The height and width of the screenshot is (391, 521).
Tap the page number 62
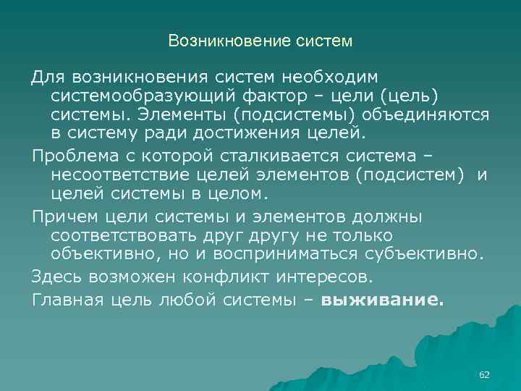coord(485,374)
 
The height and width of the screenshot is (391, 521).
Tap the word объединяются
coord(429,115)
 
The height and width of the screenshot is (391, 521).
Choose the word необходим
coord(340,76)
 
